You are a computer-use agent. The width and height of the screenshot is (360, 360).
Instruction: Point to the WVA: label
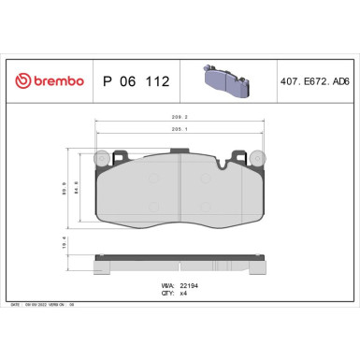(x=167, y=282)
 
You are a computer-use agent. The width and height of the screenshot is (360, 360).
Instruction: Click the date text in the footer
(x=37, y=306)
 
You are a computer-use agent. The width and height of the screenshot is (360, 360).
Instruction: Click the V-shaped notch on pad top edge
(x=222, y=166)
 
